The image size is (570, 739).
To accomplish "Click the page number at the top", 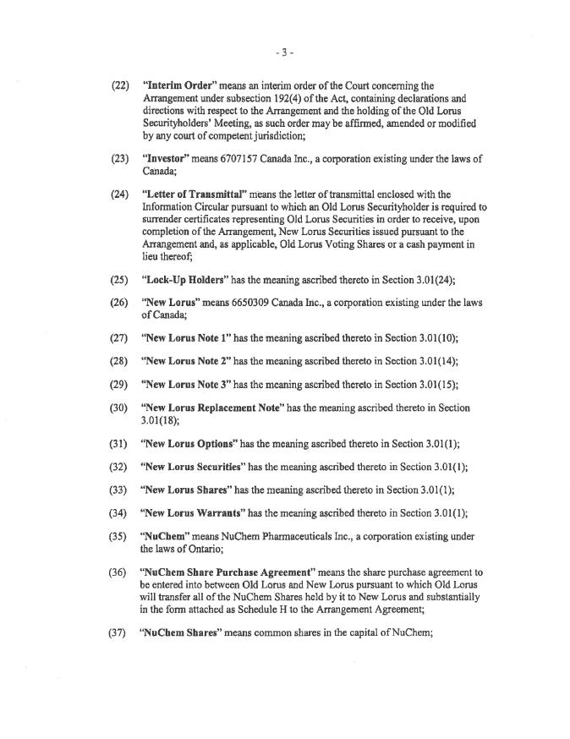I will point(284,52).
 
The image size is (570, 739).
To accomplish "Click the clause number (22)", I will point(121,85).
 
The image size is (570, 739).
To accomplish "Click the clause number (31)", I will point(121,444).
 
